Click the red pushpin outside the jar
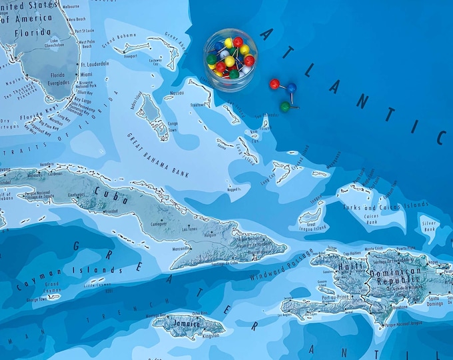274,84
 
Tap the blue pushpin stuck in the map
291,87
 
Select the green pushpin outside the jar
284,106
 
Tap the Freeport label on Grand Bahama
131,56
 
